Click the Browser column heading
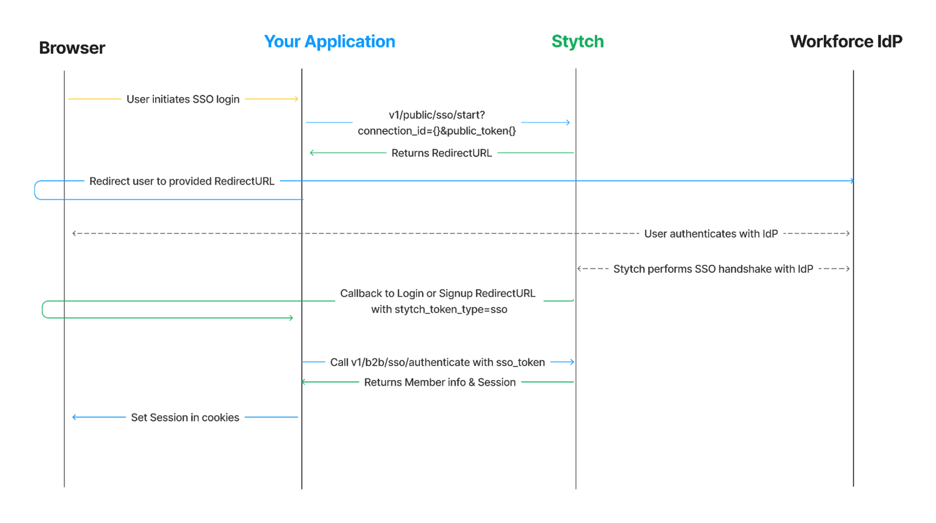(72, 48)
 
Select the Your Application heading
(330, 42)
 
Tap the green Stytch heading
(577, 42)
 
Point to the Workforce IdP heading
(846, 42)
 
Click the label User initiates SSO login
(183, 99)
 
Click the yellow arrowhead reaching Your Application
(297, 99)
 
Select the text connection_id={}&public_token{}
(436, 131)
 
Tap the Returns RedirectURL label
(441, 153)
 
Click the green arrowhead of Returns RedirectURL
(312, 153)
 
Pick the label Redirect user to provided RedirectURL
(182, 181)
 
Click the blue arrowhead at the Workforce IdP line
(852, 181)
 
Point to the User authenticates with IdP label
(711, 234)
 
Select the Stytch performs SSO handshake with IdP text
(713, 269)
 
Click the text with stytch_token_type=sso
(439, 310)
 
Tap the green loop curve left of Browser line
(43, 310)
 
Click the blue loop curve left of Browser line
(35, 190)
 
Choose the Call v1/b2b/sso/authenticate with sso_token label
(437, 363)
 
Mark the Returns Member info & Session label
(440, 383)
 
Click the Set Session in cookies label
(185, 418)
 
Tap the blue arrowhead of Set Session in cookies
(74, 417)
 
